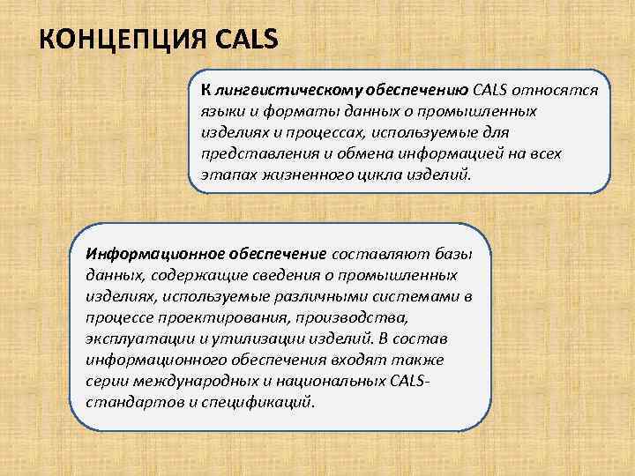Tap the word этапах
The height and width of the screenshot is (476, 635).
pyautogui.click(x=224, y=175)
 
